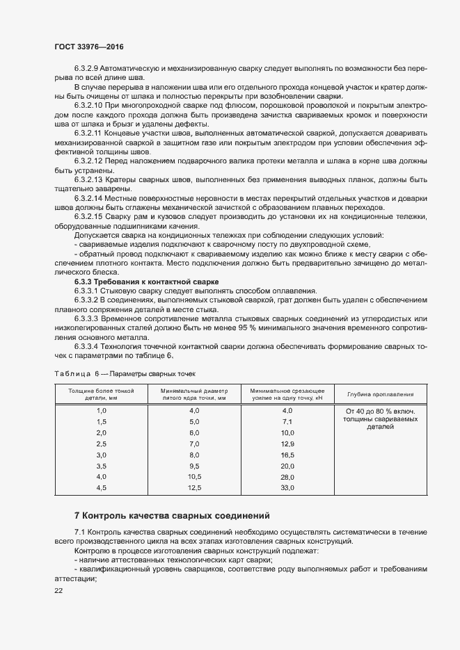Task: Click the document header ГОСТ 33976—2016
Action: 84,47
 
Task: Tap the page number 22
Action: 58,590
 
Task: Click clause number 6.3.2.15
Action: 90,217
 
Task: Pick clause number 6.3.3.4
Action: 87,346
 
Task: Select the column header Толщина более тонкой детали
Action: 101,394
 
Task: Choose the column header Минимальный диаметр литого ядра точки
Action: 194,394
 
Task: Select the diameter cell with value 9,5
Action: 194,466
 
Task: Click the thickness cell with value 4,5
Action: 101,489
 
